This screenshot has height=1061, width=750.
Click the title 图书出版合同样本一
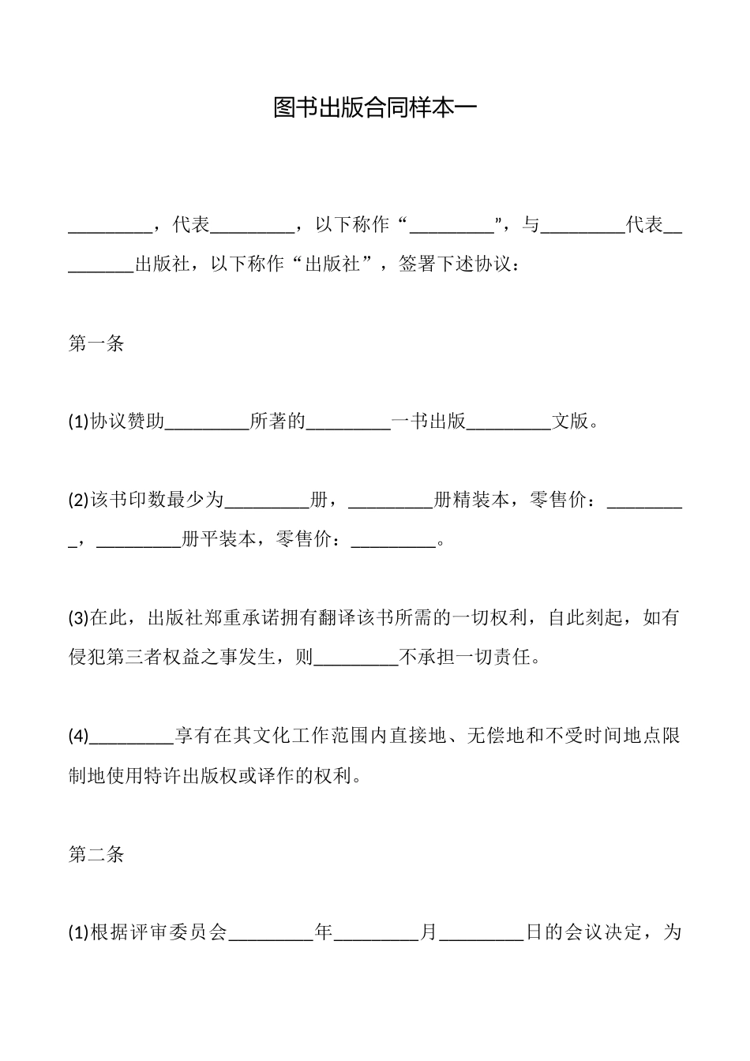pos(375,108)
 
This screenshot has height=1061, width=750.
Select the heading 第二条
pos(96,854)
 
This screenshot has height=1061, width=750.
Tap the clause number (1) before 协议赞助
pos(79,422)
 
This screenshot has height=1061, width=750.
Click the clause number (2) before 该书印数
pos(79,500)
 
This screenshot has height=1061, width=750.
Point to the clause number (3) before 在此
pos(79,618)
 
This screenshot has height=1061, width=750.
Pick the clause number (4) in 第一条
pos(79,737)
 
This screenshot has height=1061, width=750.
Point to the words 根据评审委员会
pos(159,933)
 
